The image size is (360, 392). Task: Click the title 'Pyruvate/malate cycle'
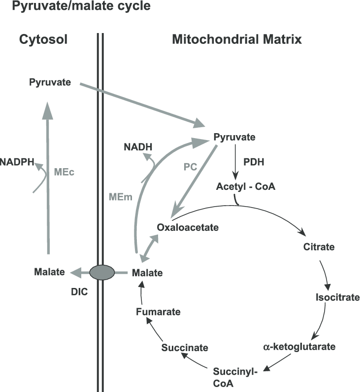coord(75,7)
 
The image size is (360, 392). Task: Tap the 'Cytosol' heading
coord(43,40)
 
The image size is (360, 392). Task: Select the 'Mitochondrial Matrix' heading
coord(236,40)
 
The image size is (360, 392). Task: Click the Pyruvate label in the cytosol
coord(50,82)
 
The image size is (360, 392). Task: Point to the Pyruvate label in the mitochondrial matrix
coord(235,137)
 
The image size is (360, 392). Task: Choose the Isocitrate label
coord(337,297)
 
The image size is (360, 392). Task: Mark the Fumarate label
coord(158,312)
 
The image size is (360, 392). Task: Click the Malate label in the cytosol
coord(50,272)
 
